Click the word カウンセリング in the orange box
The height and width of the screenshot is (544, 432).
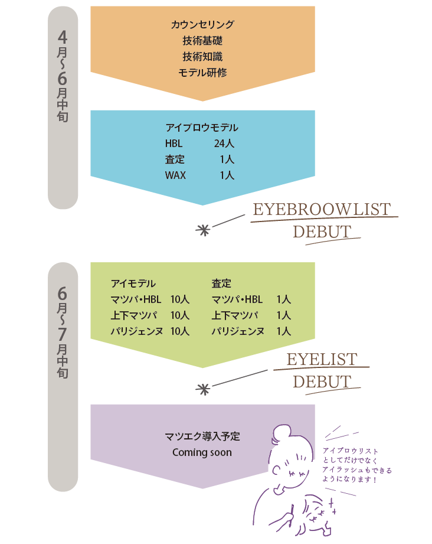click(202, 25)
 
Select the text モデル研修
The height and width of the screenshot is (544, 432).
click(202, 73)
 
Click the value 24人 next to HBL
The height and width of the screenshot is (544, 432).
click(224, 144)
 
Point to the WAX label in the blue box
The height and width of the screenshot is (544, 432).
click(175, 175)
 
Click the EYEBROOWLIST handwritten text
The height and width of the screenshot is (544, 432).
click(322, 210)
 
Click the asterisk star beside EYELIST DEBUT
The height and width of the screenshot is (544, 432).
click(202, 389)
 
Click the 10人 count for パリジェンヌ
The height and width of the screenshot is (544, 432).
click(179, 331)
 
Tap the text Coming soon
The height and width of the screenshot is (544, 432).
click(202, 453)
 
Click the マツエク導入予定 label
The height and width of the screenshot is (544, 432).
click(202, 437)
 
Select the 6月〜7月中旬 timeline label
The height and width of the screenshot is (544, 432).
click(63, 334)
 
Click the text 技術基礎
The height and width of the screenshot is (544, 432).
click(202, 41)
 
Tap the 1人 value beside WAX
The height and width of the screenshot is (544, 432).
click(227, 175)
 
